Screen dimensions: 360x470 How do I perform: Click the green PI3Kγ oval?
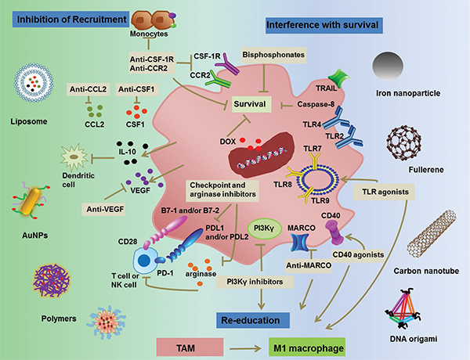(261, 227)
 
